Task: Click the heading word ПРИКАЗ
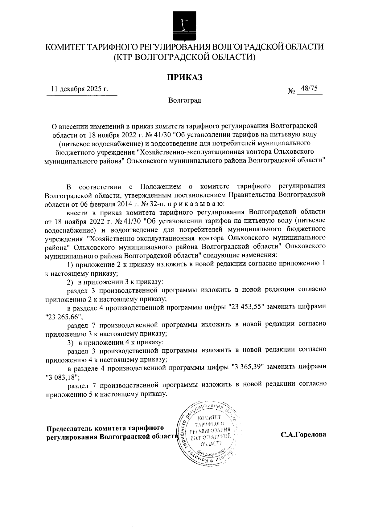click(185, 77)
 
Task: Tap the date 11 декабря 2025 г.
click(80, 89)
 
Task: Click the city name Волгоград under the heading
click(185, 100)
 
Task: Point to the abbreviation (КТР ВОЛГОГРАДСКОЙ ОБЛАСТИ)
click(185, 57)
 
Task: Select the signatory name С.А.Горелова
click(303, 435)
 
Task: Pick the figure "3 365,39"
click(247, 367)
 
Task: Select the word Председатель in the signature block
click(70, 428)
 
